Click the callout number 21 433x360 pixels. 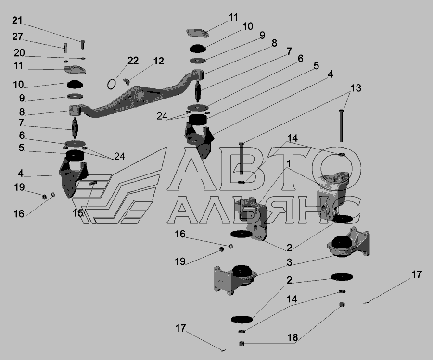pyautogui.click(x=17, y=20)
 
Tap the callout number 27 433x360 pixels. pyautogui.click(x=17, y=37)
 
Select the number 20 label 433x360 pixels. pyautogui.click(x=19, y=53)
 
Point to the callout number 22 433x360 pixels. pyautogui.click(x=133, y=61)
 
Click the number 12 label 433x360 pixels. pyautogui.click(x=158, y=61)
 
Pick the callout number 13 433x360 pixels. pyautogui.click(x=356, y=88)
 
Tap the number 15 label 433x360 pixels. pyautogui.click(x=77, y=213)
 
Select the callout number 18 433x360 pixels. pyautogui.click(x=293, y=337)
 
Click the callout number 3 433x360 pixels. pyautogui.click(x=289, y=262)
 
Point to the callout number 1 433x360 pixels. pyautogui.click(x=289, y=164)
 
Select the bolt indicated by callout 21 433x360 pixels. pyautogui.click(x=82, y=45)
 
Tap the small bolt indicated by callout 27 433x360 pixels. pyautogui.click(x=65, y=48)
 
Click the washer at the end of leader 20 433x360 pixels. pyautogui.click(x=83, y=58)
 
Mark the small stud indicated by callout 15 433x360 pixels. pyautogui.click(x=92, y=183)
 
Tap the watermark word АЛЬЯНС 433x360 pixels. pyautogui.click(x=264, y=210)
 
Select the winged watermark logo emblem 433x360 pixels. pyautogui.click(x=119, y=190)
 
